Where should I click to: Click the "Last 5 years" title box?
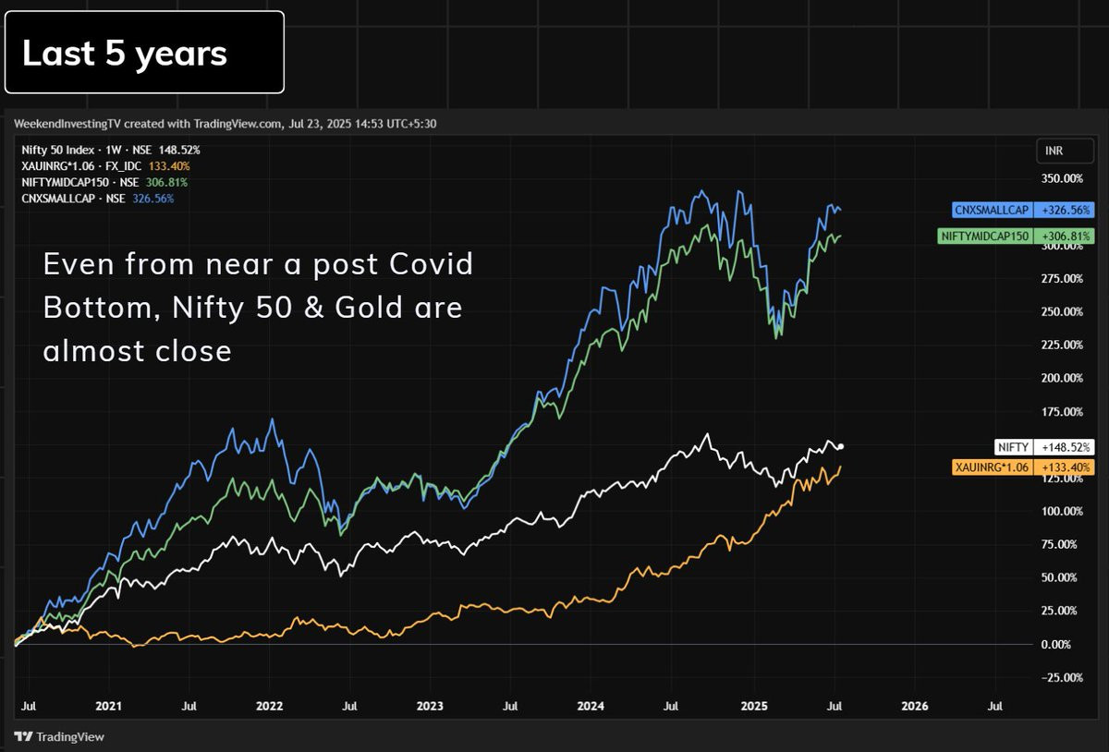tap(144, 52)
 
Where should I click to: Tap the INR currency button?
tap(1065, 151)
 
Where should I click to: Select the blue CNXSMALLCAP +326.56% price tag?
tap(1023, 210)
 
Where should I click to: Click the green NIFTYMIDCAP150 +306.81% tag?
tap(1016, 237)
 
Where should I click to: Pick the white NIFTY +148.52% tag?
tap(1044, 447)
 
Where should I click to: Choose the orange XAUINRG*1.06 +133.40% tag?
tap(1023, 467)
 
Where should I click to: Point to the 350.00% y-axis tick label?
tap(1062, 178)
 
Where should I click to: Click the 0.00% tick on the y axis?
tap(1056, 644)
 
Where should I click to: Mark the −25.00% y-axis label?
tap(1062, 677)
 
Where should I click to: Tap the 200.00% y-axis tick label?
tap(1062, 378)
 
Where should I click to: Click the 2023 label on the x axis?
tap(430, 706)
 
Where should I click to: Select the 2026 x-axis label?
tap(914, 706)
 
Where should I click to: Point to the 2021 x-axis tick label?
tap(108, 706)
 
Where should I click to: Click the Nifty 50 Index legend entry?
tap(111, 150)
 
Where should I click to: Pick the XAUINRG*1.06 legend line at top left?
tap(105, 166)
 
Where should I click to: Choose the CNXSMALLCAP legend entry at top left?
tap(98, 199)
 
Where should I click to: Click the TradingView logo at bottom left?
tap(59, 736)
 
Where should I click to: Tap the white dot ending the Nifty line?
tap(840, 446)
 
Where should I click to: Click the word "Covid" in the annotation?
tap(431, 263)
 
